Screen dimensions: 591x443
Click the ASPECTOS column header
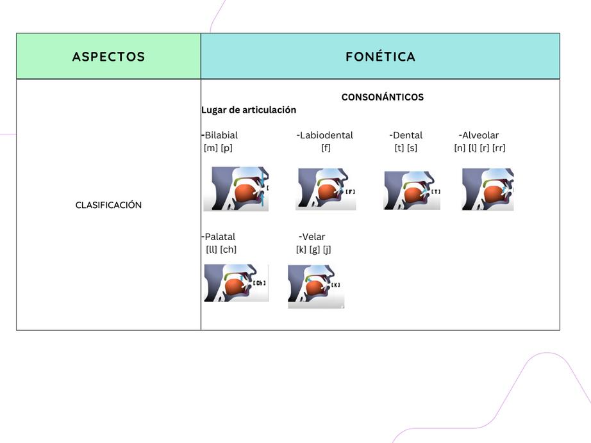pyautogui.click(x=108, y=56)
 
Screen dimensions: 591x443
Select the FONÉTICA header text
pyautogui.click(x=380, y=56)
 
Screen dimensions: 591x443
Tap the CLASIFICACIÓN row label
pyautogui.click(x=108, y=205)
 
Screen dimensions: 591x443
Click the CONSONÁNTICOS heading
pyautogui.click(x=382, y=97)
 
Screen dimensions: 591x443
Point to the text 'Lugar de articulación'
pyautogui.click(x=249, y=109)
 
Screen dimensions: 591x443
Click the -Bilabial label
pyautogui.click(x=220, y=135)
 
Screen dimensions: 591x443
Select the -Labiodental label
pyautogui.click(x=325, y=135)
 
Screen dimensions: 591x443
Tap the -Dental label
pyautogui.click(x=406, y=135)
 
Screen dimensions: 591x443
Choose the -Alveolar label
pyautogui.click(x=479, y=135)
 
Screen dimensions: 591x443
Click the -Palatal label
pyautogui.click(x=219, y=237)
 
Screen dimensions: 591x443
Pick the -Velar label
pyautogui.click(x=312, y=237)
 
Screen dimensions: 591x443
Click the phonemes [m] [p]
pyautogui.click(x=218, y=148)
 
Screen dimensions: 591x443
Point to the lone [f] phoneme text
pyautogui.click(x=326, y=148)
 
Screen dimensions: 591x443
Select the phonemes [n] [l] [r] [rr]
pyautogui.click(x=479, y=148)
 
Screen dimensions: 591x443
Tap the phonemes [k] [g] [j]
pyautogui.click(x=313, y=250)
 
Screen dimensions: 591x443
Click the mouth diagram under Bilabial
pyautogui.click(x=236, y=189)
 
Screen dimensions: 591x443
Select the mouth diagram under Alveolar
pyautogui.click(x=488, y=189)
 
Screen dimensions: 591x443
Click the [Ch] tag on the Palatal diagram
pyautogui.click(x=259, y=283)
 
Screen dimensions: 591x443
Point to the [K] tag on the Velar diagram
pyautogui.click(x=336, y=285)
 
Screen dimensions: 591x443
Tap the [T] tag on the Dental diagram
pyautogui.click(x=436, y=191)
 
